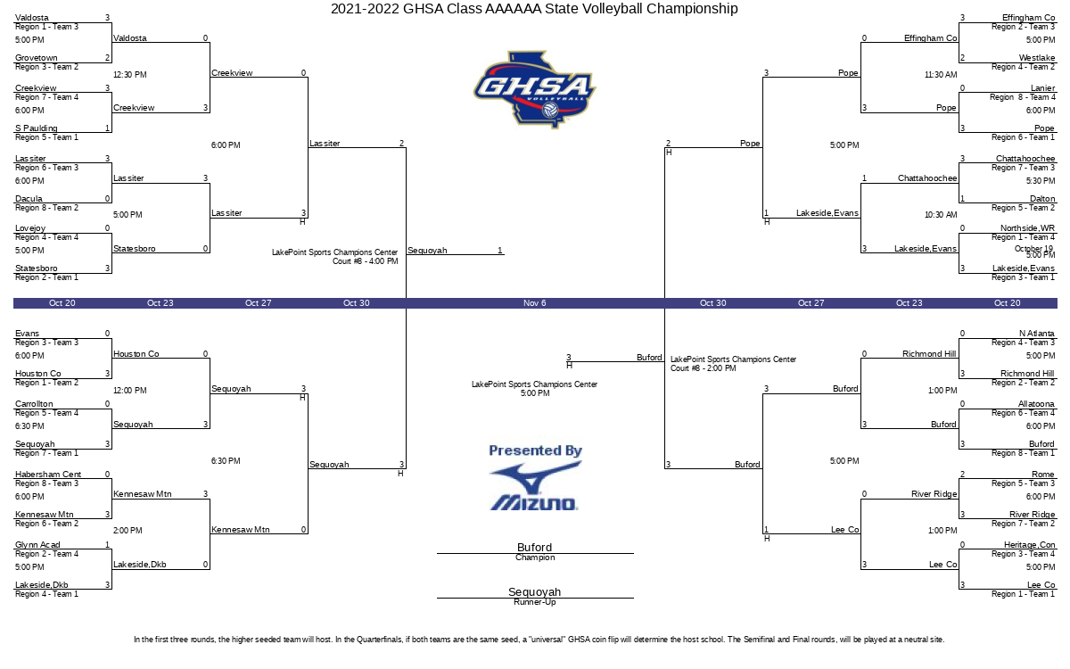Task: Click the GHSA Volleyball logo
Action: [534, 89]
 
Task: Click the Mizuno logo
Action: [535, 486]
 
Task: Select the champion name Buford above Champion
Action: [534, 547]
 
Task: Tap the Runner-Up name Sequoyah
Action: [534, 591]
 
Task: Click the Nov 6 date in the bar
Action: [534, 303]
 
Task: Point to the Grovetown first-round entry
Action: [37, 58]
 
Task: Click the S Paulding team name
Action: [37, 128]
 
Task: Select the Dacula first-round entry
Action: [29, 198]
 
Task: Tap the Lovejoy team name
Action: [30, 228]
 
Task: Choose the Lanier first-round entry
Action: [1042, 88]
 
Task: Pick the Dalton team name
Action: [1042, 198]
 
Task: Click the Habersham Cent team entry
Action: [48, 474]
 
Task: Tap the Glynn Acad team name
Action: [37, 544]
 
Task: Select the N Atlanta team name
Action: [1036, 333]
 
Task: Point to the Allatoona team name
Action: [1036, 404]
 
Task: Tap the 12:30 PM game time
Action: [130, 75]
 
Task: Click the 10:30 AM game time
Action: [941, 215]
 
